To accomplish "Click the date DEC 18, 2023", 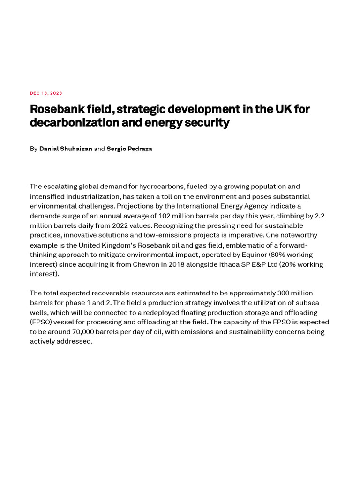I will tap(46, 93).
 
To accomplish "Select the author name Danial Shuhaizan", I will tap(66, 149).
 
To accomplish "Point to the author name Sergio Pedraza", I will tap(129, 149).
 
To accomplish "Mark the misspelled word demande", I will tap(45, 216).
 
